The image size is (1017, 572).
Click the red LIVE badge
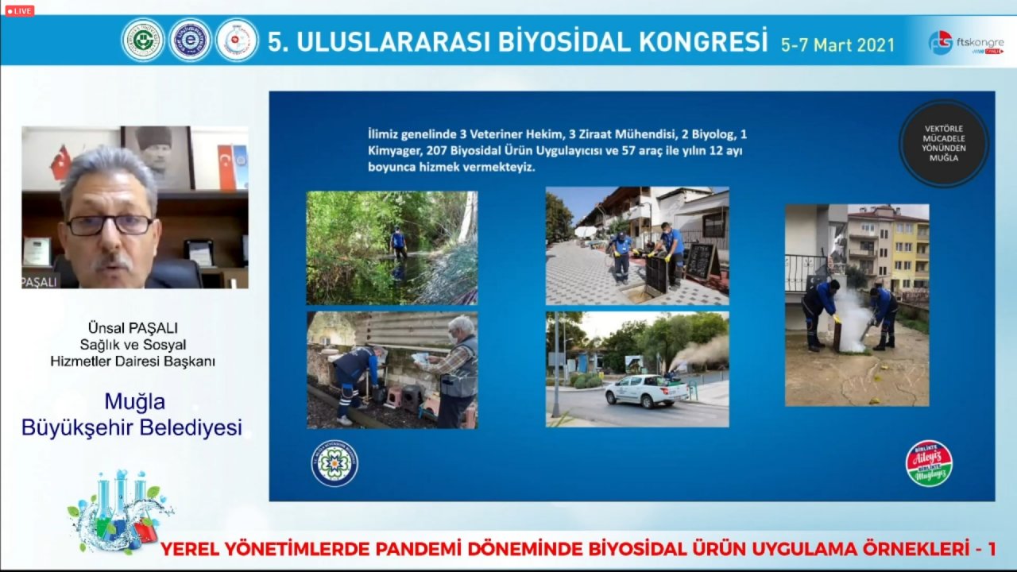point(19,11)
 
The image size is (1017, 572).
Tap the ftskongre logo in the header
point(966,42)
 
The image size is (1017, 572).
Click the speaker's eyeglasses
point(110,225)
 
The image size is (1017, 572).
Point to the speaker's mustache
point(111,260)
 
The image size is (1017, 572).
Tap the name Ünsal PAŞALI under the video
point(133,327)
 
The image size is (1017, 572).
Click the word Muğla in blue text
point(134,401)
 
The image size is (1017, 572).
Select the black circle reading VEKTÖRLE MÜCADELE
point(944,144)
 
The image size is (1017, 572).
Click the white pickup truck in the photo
point(646,390)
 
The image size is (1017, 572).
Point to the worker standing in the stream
point(398,242)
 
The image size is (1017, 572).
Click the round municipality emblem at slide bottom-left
point(334,463)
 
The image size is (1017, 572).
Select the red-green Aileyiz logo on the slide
point(929,463)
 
